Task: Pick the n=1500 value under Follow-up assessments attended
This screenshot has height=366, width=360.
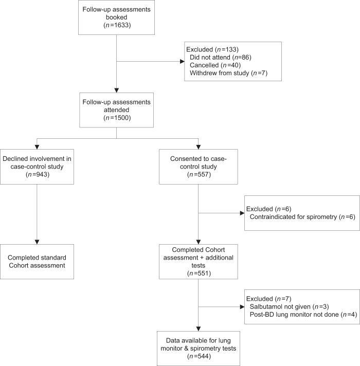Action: coord(118,117)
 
